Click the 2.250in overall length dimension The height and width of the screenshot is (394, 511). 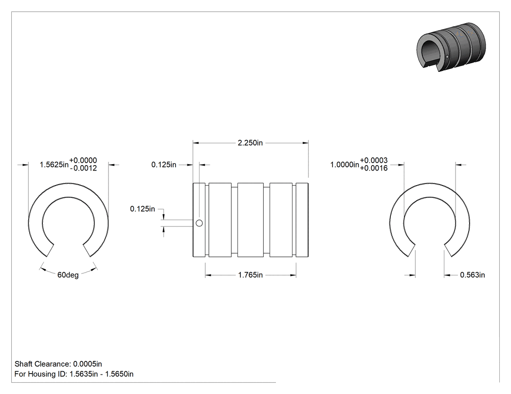[250, 143]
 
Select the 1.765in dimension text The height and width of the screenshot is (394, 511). [250, 275]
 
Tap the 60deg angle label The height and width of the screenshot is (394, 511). [68, 275]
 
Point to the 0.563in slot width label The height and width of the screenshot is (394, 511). [472, 275]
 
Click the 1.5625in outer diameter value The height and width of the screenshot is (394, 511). [54, 165]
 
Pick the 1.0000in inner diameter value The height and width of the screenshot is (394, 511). [345, 165]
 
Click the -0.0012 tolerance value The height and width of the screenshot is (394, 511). [83, 168]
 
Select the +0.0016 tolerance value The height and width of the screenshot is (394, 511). [374, 168]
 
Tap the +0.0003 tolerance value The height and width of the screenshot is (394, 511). [374, 160]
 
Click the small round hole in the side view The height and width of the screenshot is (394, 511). [199, 223]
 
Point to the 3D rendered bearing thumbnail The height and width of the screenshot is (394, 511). [451, 47]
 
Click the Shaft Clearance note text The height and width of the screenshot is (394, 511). [58, 364]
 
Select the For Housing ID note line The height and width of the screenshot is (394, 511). [74, 374]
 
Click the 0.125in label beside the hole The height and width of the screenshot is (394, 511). [143, 209]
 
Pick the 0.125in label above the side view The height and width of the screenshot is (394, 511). [164, 165]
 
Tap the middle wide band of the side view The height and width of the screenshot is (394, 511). [251, 220]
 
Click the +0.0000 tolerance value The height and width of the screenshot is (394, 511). [83, 160]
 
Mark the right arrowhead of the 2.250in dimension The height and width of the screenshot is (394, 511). [306, 142]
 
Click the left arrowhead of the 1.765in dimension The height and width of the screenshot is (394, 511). [208, 275]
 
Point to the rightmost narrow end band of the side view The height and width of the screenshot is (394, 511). [302, 220]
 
